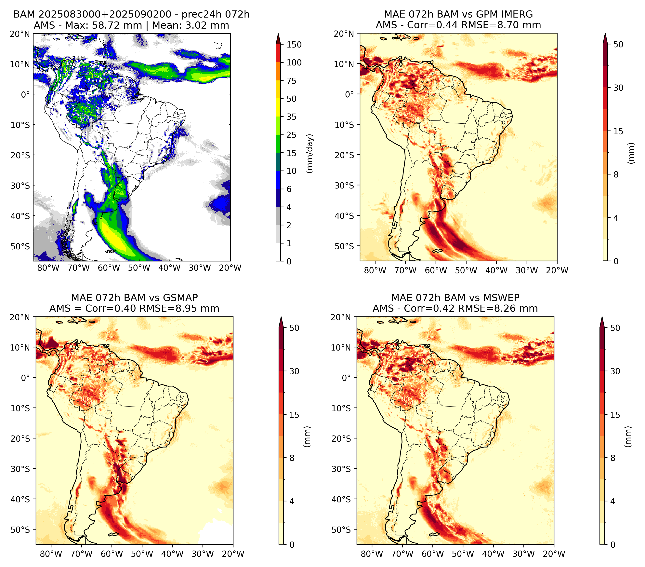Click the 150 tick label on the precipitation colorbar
(294, 45)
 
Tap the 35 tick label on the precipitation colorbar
(291, 117)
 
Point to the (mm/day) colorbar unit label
(310, 153)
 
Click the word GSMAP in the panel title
(180, 298)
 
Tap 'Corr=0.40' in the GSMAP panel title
(111, 309)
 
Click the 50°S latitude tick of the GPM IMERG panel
(345, 246)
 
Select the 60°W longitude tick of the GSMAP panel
(112, 554)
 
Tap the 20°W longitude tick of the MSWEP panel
(554, 554)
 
